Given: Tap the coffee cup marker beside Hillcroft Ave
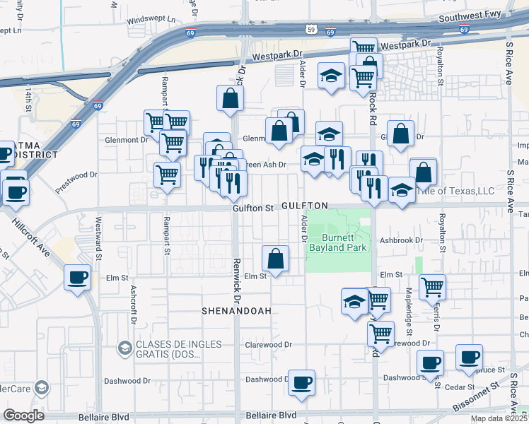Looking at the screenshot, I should click(x=78, y=277).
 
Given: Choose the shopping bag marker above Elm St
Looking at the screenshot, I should click(x=276, y=259).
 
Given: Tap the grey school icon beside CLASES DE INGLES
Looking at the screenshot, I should click(x=124, y=348).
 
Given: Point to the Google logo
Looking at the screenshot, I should click(x=23, y=416).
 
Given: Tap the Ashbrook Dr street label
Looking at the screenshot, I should click(x=400, y=240).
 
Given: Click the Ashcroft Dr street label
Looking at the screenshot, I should click(x=132, y=302).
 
